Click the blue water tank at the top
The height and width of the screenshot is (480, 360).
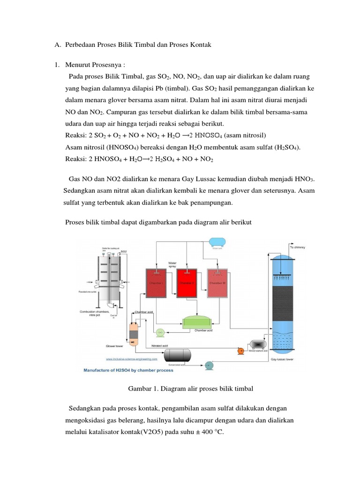[x=216, y=241]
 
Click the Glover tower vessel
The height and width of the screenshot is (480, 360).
[x=134, y=334]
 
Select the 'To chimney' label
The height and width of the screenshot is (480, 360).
[x=298, y=247]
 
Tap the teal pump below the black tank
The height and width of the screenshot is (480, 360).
[x=209, y=365]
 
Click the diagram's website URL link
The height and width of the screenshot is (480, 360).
[x=131, y=360]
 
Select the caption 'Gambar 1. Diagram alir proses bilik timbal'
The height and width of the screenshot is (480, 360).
[x=190, y=389]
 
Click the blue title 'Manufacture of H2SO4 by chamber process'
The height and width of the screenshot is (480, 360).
[x=128, y=370]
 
